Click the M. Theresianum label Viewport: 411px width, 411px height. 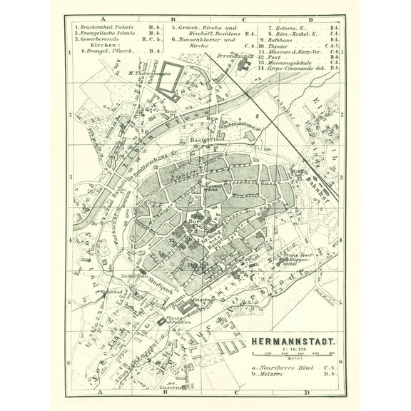146,73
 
